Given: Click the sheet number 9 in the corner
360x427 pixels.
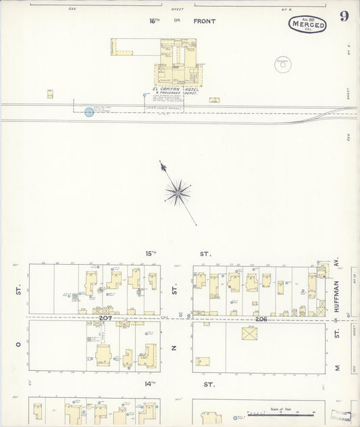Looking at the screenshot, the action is (x=344, y=17).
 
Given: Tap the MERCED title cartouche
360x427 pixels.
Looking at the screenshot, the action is (x=308, y=25).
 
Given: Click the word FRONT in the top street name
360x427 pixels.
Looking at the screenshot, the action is (x=204, y=22).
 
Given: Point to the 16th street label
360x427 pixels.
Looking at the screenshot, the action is (x=155, y=21).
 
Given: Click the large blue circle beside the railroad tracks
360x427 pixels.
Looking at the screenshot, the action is (x=89, y=112).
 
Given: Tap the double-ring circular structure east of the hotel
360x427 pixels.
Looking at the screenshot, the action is (x=283, y=65).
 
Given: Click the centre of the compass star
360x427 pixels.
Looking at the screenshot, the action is (x=177, y=192).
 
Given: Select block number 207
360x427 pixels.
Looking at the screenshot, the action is (x=105, y=317).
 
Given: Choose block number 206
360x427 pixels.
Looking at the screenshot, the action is (x=261, y=318).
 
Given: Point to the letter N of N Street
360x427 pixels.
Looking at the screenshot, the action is (x=174, y=348).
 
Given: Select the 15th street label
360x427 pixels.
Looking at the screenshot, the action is (x=151, y=254).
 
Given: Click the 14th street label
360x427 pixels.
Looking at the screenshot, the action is (x=150, y=384).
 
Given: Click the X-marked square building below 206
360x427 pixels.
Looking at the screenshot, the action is (x=250, y=334).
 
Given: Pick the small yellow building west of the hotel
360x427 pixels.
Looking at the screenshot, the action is (x=50, y=95).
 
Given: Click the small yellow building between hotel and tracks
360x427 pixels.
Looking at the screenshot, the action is (x=214, y=100).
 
